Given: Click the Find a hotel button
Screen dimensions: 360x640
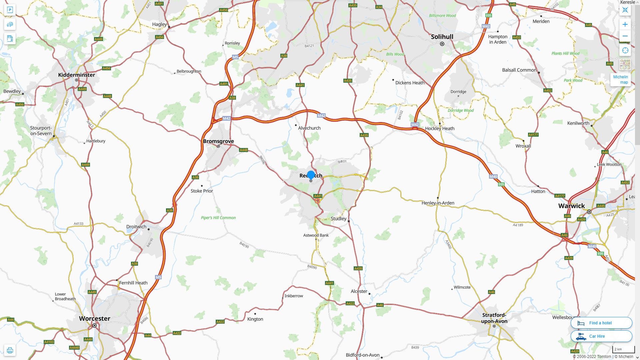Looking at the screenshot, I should pos(601,323).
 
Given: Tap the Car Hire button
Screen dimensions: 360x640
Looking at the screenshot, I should pos(601,336).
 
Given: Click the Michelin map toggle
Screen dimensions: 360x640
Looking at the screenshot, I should pos(620,79).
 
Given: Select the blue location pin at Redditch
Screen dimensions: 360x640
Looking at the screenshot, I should pos(311,175).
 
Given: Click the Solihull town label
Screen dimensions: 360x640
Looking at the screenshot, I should pos(442,37).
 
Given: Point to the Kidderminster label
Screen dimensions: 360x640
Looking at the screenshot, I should pos(76,75).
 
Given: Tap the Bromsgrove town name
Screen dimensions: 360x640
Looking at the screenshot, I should pos(218,141).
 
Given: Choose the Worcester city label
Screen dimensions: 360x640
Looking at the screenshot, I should pos(94,318).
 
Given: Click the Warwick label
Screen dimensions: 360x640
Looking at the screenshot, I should pos(571,206).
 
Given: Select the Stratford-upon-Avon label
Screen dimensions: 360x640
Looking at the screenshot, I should pos(494,318).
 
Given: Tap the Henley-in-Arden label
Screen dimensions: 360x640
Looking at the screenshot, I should pos(438,203).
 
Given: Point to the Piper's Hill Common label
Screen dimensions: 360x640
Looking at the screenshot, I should pos(218,218).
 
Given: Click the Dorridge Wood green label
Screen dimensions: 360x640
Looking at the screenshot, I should pos(460,110).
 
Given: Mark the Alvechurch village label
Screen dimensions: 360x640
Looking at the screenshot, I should pos(309,128).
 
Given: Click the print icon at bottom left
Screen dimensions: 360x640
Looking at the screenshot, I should pos(10,350).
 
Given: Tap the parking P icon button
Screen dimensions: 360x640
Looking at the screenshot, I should pos(10,10).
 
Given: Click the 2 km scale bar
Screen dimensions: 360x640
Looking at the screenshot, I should pos(623,349).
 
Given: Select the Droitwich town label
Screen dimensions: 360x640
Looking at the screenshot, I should pos(136,227).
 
